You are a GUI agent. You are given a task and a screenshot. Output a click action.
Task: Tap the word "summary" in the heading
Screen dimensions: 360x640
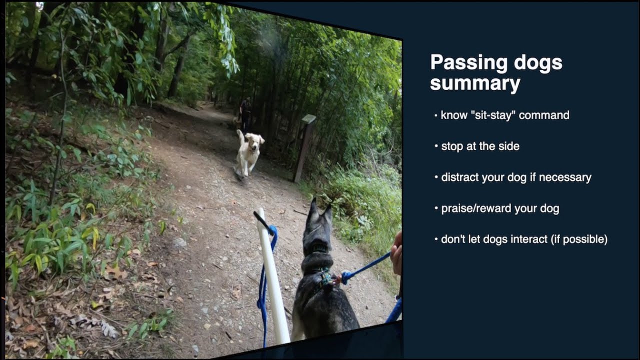475,83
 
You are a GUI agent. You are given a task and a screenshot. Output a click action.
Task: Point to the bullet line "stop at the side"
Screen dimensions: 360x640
480,146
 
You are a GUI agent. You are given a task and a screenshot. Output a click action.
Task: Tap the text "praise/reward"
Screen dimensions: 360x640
473,208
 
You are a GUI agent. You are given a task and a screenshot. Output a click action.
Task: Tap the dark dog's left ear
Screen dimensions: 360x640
313,209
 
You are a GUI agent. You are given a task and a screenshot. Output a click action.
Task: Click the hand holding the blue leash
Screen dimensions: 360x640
396,253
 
